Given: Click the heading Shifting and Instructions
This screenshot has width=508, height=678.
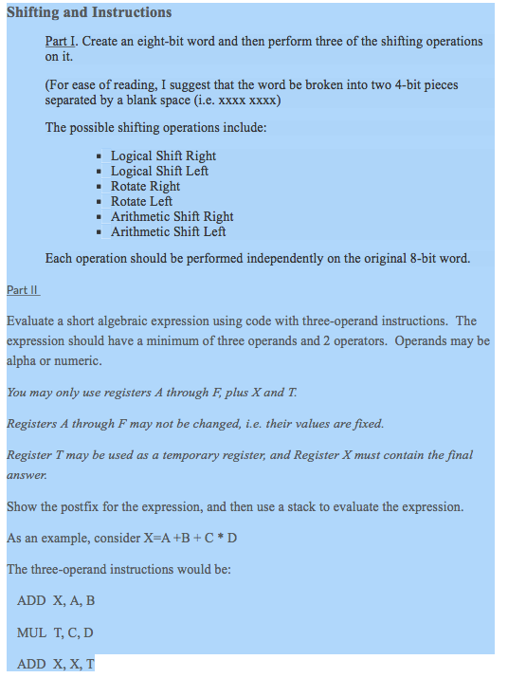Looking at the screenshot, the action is click(x=89, y=12).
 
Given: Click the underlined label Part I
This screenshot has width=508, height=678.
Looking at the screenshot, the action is click(x=60, y=42).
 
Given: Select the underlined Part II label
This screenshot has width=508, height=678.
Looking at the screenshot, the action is click(x=22, y=290).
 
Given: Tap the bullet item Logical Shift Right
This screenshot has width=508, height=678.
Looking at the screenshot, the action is click(x=163, y=156).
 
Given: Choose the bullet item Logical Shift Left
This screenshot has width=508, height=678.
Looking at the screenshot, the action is click(x=159, y=171).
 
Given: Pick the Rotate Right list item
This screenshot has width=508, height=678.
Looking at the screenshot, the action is click(x=145, y=186).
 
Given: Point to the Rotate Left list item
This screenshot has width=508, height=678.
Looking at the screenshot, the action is click(x=141, y=201).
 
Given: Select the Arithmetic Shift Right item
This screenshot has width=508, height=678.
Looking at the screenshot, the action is click(x=172, y=216).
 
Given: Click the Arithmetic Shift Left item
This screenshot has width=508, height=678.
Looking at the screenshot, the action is click(x=168, y=231).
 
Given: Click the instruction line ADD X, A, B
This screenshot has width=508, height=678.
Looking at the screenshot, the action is click(x=56, y=600).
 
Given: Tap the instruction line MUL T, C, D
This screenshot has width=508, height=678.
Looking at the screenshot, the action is click(x=55, y=632).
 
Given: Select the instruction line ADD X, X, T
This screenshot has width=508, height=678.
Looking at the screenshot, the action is click(x=56, y=664).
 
